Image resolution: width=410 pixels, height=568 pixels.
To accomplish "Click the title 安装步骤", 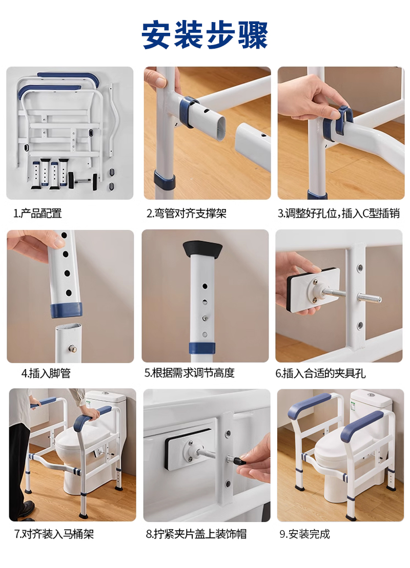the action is click(x=205, y=35).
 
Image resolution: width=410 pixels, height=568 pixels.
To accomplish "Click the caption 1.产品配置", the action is click(x=38, y=214).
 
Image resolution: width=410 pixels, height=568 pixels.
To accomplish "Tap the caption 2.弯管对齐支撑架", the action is click(x=187, y=214).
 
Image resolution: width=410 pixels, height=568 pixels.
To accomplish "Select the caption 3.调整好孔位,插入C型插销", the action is click(x=339, y=214).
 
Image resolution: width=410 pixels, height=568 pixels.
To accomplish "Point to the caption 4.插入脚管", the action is click(x=46, y=373).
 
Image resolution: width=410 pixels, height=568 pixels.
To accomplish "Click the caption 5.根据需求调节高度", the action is click(x=190, y=373).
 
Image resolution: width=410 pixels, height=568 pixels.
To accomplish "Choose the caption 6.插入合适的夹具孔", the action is click(x=321, y=373).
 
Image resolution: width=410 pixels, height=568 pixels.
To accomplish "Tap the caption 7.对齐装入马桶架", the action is click(x=54, y=534).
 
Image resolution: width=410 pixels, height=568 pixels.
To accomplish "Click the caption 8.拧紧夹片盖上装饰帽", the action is click(x=196, y=534).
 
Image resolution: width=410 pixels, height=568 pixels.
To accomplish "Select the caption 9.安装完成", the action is click(x=304, y=534).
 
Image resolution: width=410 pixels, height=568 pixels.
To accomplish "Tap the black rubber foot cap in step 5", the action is click(x=202, y=249).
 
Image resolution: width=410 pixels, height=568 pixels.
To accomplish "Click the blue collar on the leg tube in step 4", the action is click(x=66, y=310).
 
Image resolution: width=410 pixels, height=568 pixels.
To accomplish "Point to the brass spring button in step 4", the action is click(x=72, y=349).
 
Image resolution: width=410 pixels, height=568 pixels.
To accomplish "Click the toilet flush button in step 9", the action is click(x=371, y=394).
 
